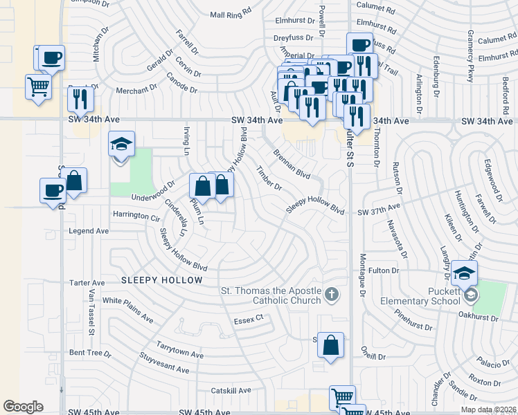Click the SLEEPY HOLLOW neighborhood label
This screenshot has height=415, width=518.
[x=161, y=280]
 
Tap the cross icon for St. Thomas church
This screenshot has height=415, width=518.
[x=332, y=295]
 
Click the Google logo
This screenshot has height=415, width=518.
[x=24, y=407]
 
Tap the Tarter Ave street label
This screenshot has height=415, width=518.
[x=87, y=283]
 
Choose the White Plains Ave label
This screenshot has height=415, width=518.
[x=128, y=310]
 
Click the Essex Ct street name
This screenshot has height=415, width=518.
[x=249, y=318]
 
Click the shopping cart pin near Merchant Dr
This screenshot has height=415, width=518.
[x=38, y=87]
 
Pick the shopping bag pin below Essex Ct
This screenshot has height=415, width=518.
[x=331, y=344]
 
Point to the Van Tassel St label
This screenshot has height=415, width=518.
[x=91, y=313]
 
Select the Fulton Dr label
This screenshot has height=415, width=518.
[x=384, y=270]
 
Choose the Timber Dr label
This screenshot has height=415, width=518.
[x=269, y=178]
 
